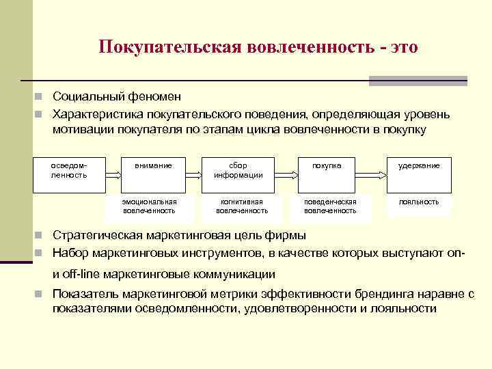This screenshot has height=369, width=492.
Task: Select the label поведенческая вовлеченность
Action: pos(330,206)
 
